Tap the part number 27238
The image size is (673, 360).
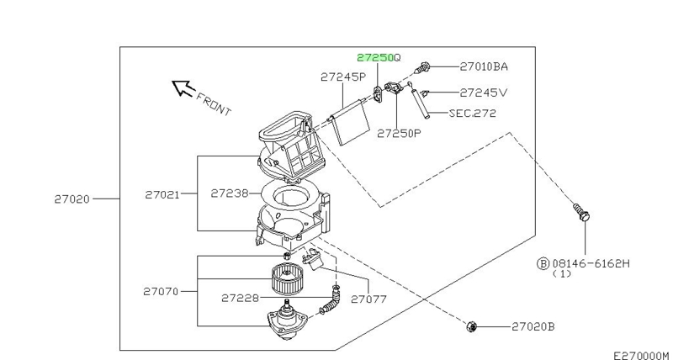[x=229, y=193]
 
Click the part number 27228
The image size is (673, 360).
[x=240, y=298]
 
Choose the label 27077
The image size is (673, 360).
[x=368, y=298]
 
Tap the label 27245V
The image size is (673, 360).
[x=484, y=92]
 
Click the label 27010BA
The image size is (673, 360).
[x=484, y=66]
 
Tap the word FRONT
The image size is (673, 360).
[x=213, y=103]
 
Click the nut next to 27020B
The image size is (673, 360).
[x=473, y=326]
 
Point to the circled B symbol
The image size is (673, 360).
[x=543, y=263]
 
